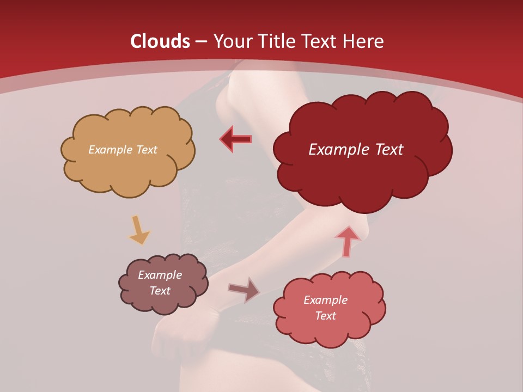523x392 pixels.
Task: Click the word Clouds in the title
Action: tap(160, 41)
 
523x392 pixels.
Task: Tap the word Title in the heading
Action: tap(275, 41)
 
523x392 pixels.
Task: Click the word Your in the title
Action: tap(231, 41)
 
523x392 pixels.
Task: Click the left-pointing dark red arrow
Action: tap(236, 139)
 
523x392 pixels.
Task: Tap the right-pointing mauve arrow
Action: tap(244, 290)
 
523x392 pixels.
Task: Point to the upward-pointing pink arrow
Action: tap(348, 241)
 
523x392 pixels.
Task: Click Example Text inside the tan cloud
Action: tap(123, 150)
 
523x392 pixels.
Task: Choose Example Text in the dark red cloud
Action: tap(356, 150)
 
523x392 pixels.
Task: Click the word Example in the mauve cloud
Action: tap(160, 275)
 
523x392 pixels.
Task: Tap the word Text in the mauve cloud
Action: tap(160, 291)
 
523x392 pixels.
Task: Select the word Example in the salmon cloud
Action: tap(325, 300)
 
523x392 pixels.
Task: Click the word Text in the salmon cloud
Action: tap(325, 316)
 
